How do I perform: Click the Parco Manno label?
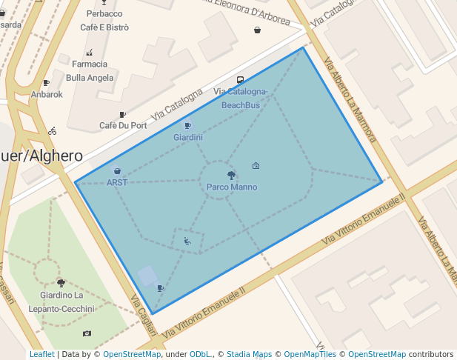click(232, 187)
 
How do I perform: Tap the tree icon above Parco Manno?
click(232, 176)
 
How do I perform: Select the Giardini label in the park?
click(188, 138)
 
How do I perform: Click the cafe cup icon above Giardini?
click(187, 126)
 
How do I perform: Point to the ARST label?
click(117, 182)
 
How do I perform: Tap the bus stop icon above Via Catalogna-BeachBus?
click(240, 80)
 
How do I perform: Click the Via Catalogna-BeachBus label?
click(241, 99)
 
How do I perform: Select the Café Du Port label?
click(123, 126)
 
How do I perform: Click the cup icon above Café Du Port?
click(122, 115)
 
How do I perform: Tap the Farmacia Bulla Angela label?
click(90, 71)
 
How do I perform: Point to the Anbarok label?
click(47, 95)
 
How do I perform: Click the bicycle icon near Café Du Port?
click(52, 131)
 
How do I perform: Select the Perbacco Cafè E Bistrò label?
click(104, 21)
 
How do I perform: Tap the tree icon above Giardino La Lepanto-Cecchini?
click(61, 283)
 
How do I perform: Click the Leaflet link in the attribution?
click(41, 354)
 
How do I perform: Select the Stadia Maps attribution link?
click(249, 354)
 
